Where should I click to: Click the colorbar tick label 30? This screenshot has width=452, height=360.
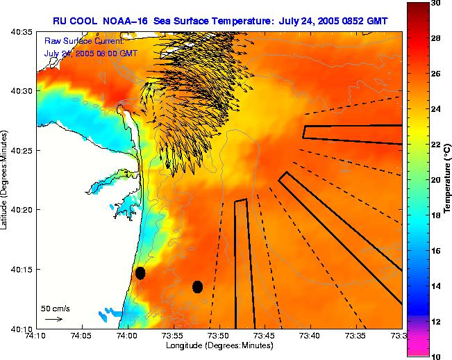[x=435, y=4]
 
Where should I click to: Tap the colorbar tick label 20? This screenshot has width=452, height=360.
[x=435, y=180]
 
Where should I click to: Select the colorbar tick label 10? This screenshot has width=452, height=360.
[x=435, y=356]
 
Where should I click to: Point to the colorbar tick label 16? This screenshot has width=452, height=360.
[x=435, y=251]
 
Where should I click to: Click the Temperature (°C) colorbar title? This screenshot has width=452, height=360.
[x=448, y=180]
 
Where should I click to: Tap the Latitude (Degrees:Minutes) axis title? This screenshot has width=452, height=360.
[x=6, y=180]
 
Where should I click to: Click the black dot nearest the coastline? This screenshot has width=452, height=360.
[x=140, y=273]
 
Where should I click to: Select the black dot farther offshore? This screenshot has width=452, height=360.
[x=197, y=286]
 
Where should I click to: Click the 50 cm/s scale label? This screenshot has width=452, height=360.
[x=56, y=308]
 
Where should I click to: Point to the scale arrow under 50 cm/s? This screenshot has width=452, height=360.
[x=53, y=319]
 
